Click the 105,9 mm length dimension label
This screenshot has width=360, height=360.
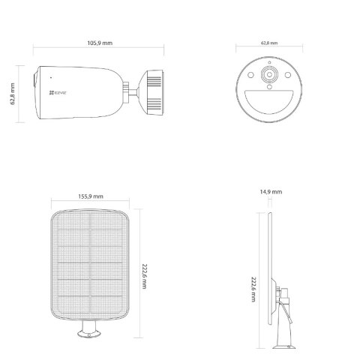[98, 43]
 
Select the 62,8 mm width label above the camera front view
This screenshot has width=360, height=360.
[269, 43]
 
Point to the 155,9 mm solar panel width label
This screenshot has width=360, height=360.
[91, 196]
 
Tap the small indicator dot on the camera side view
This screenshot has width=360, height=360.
[50, 77]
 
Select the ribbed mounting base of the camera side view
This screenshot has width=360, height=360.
[154, 92]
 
